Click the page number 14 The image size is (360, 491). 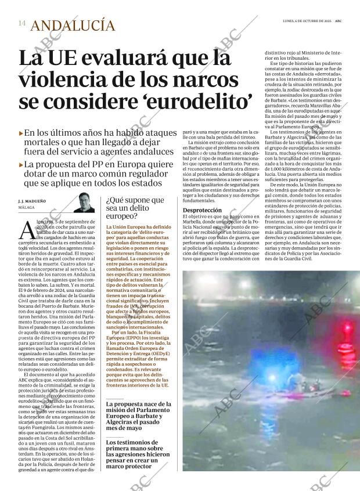point(21,24)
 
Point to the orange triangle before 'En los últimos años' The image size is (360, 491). point(21,133)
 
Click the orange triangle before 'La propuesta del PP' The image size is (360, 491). point(21,164)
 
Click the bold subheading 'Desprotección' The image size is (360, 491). point(202,210)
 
